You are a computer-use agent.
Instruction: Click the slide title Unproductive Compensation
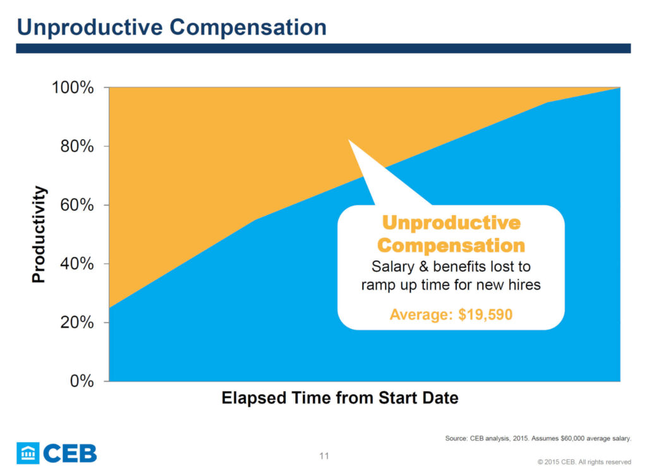pyautogui.click(x=172, y=27)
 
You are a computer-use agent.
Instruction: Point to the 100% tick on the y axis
pyautogui.click(x=73, y=87)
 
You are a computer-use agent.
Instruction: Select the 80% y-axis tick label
pyautogui.click(x=77, y=146)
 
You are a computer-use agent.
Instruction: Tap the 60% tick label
pyautogui.click(x=77, y=205)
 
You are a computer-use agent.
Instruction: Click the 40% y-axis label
pyautogui.click(x=77, y=264)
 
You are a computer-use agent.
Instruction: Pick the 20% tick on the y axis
pyautogui.click(x=77, y=323)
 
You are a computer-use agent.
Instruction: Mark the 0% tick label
pyautogui.click(x=82, y=381)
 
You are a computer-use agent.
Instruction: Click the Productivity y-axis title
pyautogui.click(x=39, y=234)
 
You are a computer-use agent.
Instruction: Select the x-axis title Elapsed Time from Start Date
pyautogui.click(x=340, y=398)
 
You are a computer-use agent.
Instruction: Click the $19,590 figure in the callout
pyautogui.click(x=485, y=314)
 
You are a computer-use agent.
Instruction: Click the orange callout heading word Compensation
pyautogui.click(x=451, y=245)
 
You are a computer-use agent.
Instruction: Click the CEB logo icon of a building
pyautogui.click(x=28, y=453)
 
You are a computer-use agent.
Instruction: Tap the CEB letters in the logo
pyautogui.click(x=70, y=454)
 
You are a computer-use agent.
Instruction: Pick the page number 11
pyautogui.click(x=324, y=456)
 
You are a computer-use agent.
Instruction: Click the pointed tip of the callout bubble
pyautogui.click(x=349, y=140)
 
